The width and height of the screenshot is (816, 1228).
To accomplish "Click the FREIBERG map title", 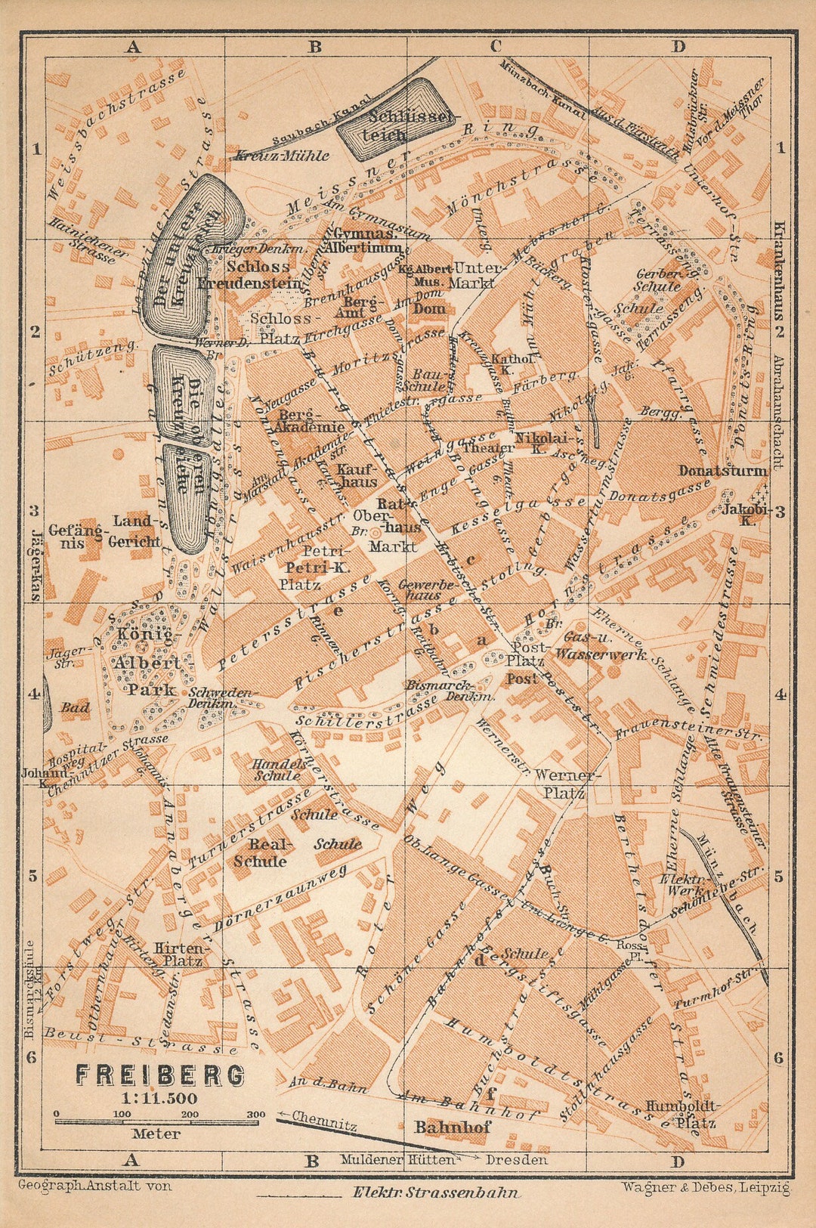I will (x=159, y=1074).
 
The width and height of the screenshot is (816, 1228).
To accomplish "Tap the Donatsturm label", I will (x=722, y=471).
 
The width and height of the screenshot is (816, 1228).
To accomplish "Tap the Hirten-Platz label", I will (x=178, y=954).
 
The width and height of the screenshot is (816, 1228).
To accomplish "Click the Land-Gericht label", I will (x=134, y=530).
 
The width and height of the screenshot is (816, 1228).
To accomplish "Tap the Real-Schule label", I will (x=259, y=852).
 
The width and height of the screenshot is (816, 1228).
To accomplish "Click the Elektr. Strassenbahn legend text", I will (x=436, y=1193).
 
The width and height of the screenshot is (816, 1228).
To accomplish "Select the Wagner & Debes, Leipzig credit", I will (x=706, y=1187).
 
